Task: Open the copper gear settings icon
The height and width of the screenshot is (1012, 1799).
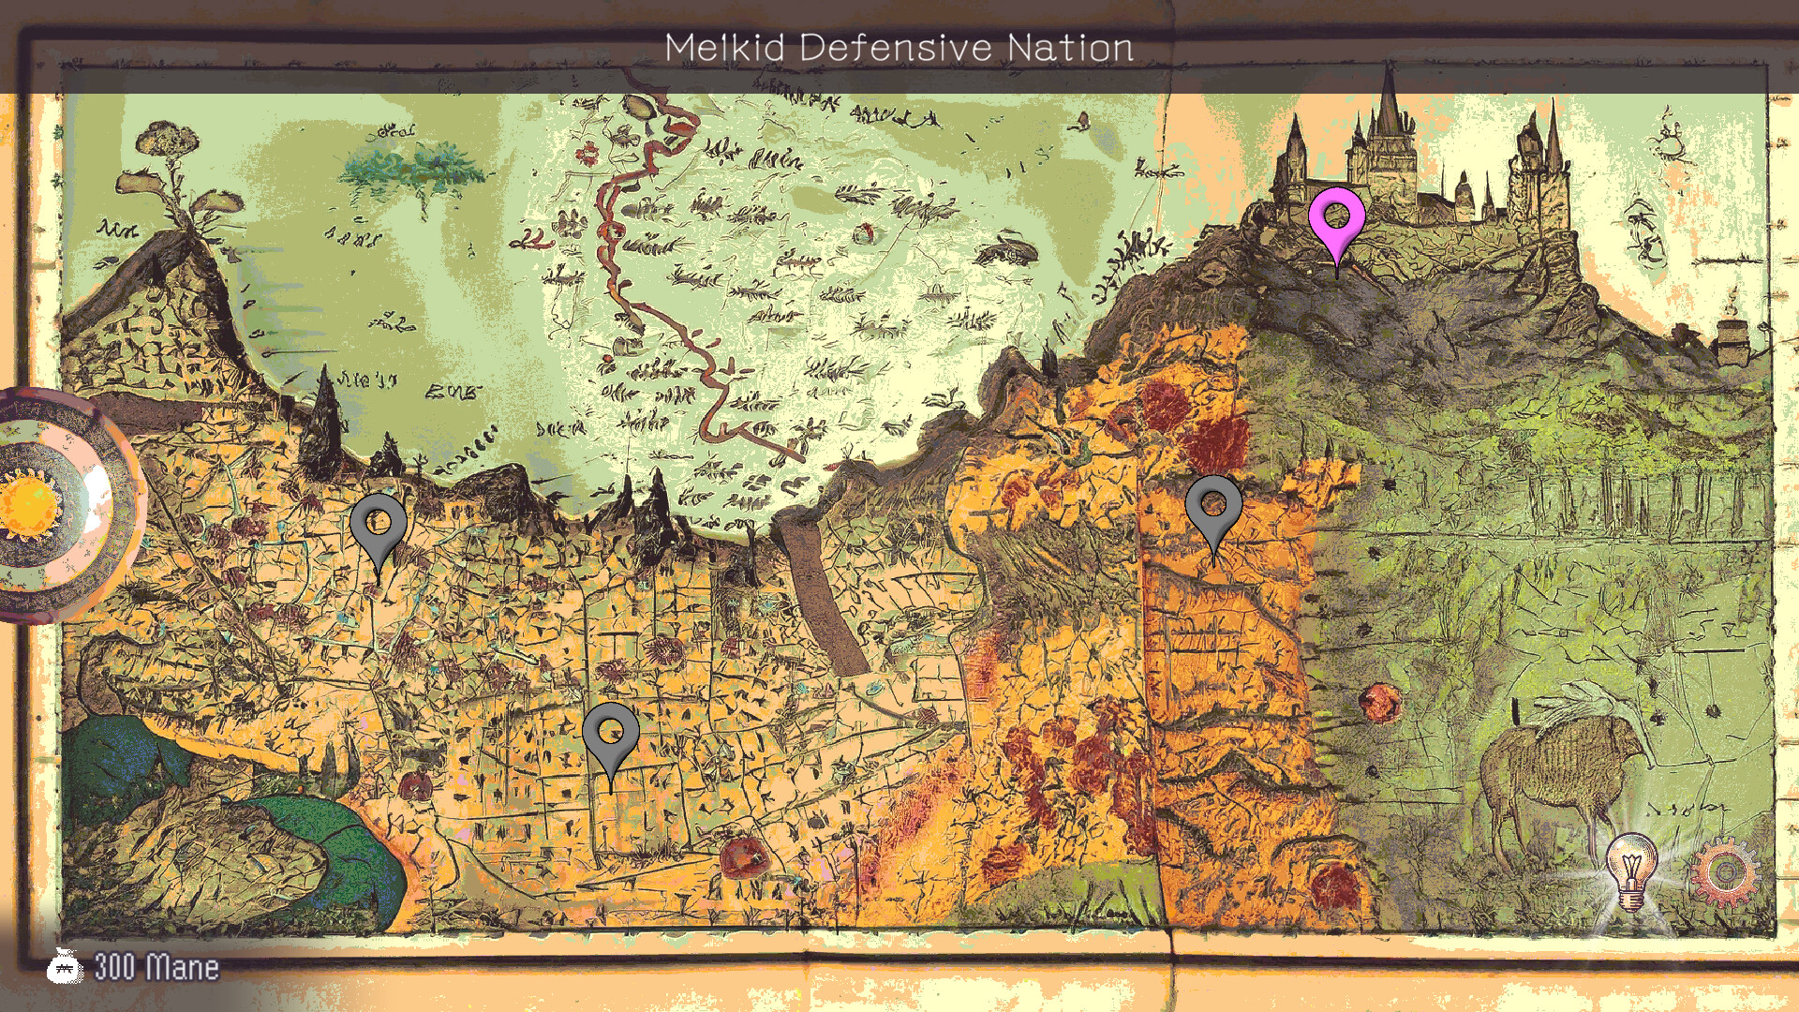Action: click(1725, 872)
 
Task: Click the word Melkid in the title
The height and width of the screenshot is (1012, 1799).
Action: click(724, 47)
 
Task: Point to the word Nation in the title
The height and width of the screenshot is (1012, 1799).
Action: click(1070, 47)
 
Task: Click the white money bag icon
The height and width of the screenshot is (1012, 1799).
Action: click(65, 965)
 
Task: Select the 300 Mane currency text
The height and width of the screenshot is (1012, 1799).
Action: click(156, 967)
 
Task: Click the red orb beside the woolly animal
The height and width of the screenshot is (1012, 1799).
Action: click(1379, 701)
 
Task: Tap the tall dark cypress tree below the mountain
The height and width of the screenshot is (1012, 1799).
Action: click(323, 422)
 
